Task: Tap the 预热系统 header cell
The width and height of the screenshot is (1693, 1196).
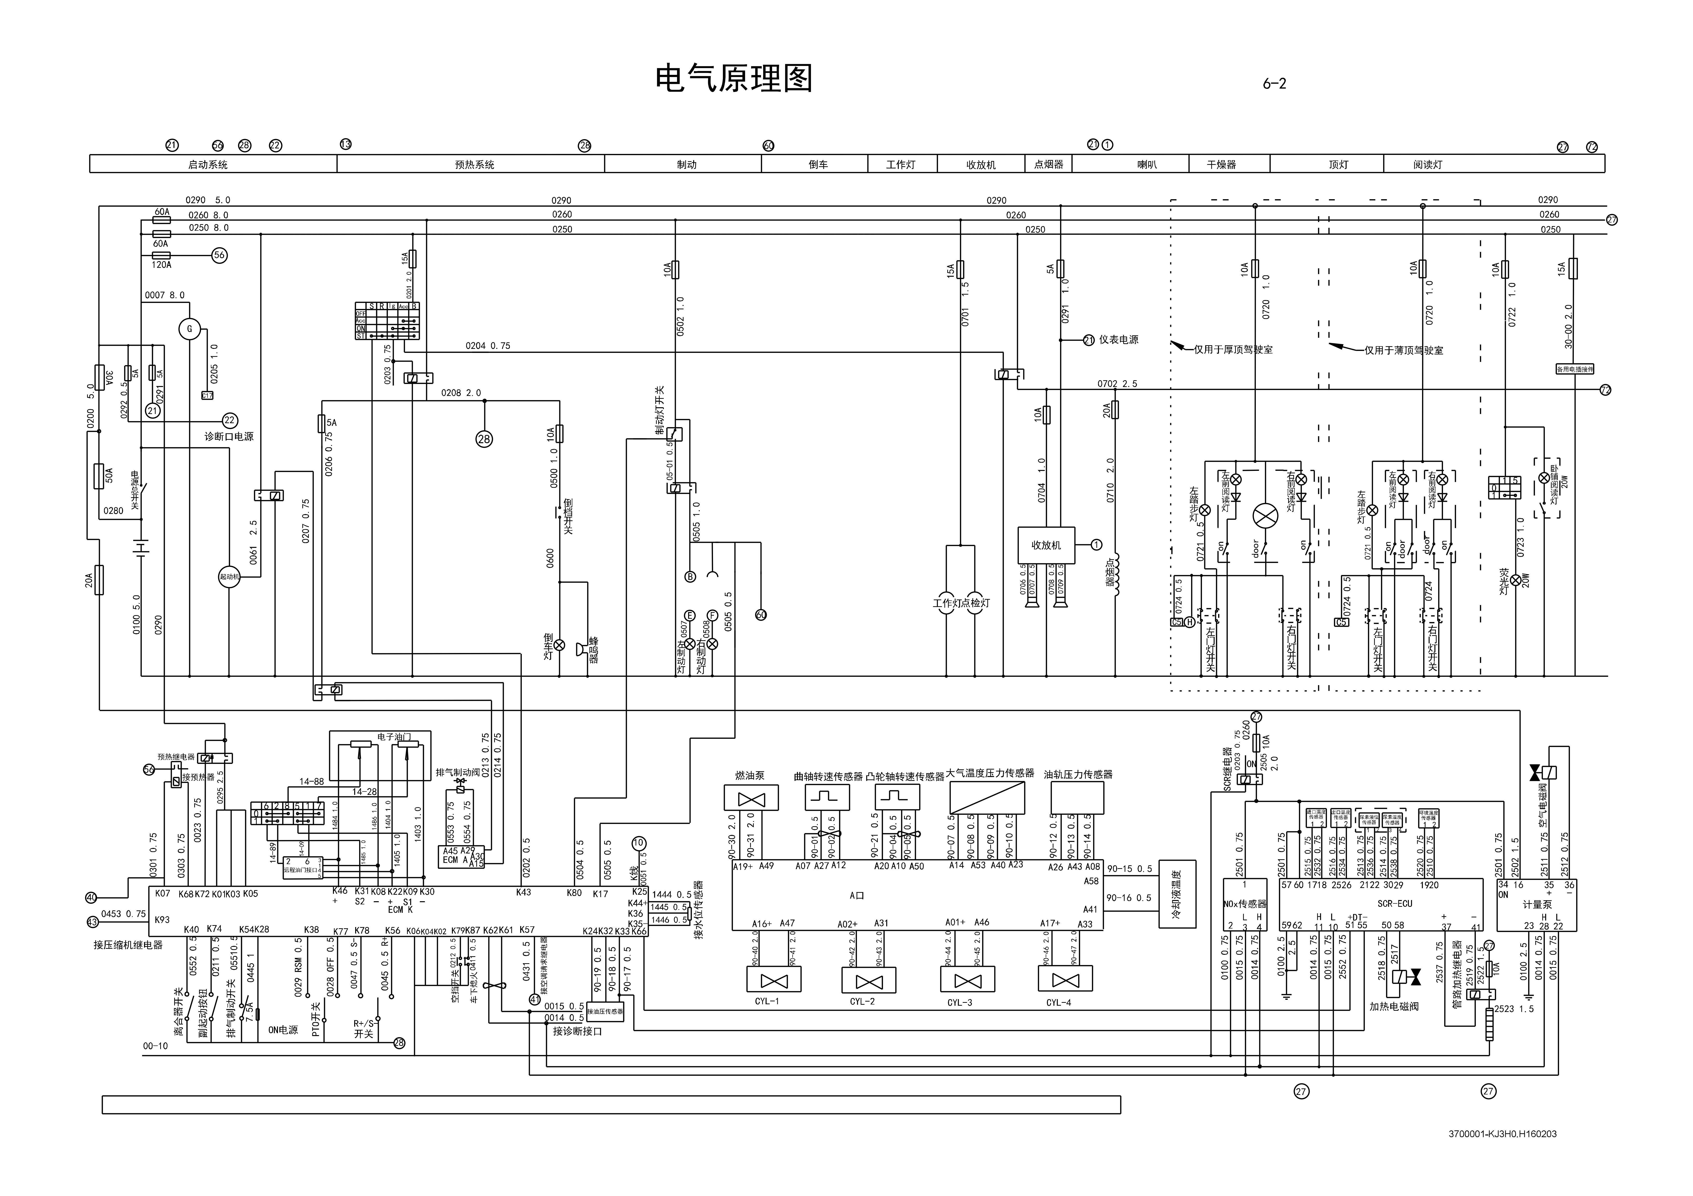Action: [x=474, y=165]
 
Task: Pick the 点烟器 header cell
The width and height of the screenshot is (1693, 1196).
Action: [x=1049, y=165]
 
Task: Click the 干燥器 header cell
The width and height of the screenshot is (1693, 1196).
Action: [x=1221, y=165]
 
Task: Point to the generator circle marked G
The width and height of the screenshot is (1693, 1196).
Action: [x=189, y=329]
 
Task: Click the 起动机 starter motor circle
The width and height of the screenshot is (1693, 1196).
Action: [x=229, y=577]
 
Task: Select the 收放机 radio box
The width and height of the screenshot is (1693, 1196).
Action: [x=1046, y=545]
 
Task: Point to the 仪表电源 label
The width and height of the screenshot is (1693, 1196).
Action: [x=1119, y=340]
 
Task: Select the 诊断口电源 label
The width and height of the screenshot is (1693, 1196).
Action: [x=228, y=437]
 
